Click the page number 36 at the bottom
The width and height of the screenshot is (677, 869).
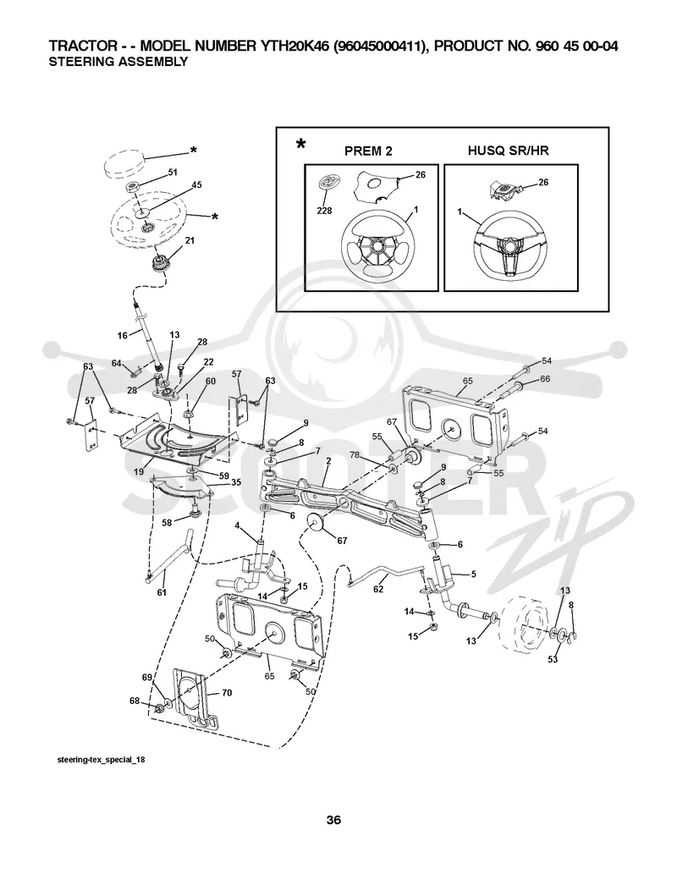pos(333,820)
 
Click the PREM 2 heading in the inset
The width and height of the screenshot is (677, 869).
pos(368,151)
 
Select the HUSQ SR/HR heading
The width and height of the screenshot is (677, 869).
pos(509,150)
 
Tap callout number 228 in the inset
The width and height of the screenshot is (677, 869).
pos(324,211)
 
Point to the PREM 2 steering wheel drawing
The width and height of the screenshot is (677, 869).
pos(377,246)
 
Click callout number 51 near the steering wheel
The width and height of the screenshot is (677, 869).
pos(173,173)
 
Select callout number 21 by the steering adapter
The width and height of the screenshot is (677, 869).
pos(190,240)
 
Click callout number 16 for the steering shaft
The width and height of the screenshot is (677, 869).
pos(123,335)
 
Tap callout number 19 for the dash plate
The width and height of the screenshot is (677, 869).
pos(139,471)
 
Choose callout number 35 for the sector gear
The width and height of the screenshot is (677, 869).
pos(236,482)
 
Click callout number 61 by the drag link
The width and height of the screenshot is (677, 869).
pos(162,592)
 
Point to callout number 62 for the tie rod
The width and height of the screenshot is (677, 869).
pos(378,589)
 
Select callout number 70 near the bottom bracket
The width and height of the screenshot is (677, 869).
pos(227,693)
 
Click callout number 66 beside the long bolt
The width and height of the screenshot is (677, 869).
pos(545,378)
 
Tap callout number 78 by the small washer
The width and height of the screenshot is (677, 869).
pos(355,455)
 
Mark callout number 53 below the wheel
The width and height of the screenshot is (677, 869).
pos(553,659)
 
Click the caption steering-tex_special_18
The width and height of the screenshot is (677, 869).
pos(102,759)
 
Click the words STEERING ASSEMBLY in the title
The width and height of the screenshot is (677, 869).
pos(118,62)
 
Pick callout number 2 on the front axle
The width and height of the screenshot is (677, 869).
pos(328,460)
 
